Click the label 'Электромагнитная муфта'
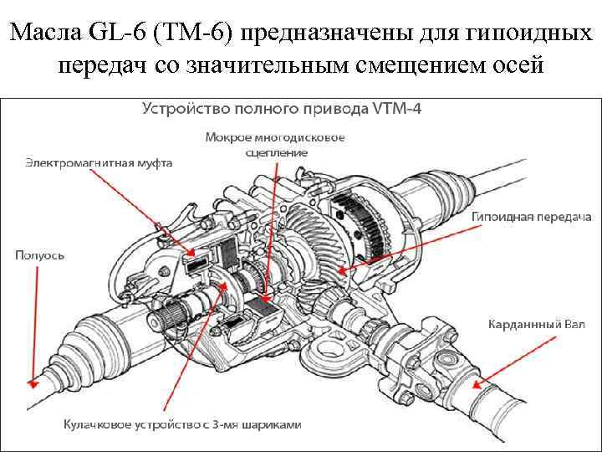(99, 163)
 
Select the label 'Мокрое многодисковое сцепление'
(276, 145)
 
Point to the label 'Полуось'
(39, 254)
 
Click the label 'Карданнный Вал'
(537, 323)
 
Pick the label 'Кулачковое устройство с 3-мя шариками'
(182, 424)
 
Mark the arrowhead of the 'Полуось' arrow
(32, 384)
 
